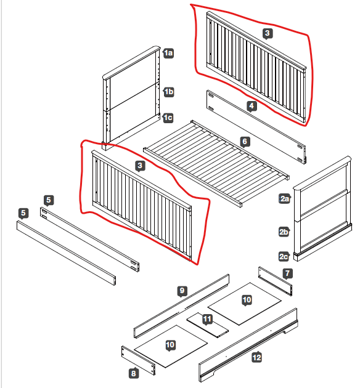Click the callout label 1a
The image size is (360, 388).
168,53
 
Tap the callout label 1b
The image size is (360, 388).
169,92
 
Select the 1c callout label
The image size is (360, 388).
168,118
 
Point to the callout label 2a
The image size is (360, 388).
284,199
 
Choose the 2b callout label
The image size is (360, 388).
284,232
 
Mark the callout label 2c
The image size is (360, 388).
284,256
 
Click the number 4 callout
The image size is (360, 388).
252,106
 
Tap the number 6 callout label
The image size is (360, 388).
245,142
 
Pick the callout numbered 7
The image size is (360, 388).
287,273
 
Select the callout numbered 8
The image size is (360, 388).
134,373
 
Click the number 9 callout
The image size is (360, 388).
182,291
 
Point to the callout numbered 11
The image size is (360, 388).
207,319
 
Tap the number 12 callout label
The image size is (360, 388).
257,357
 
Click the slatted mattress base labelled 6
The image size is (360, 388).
216,164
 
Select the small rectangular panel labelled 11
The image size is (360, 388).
208,325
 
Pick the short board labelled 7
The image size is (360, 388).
275,281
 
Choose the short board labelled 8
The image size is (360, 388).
139,360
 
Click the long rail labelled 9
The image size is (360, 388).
181,306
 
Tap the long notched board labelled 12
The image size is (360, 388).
248,345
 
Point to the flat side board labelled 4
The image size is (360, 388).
256,127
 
